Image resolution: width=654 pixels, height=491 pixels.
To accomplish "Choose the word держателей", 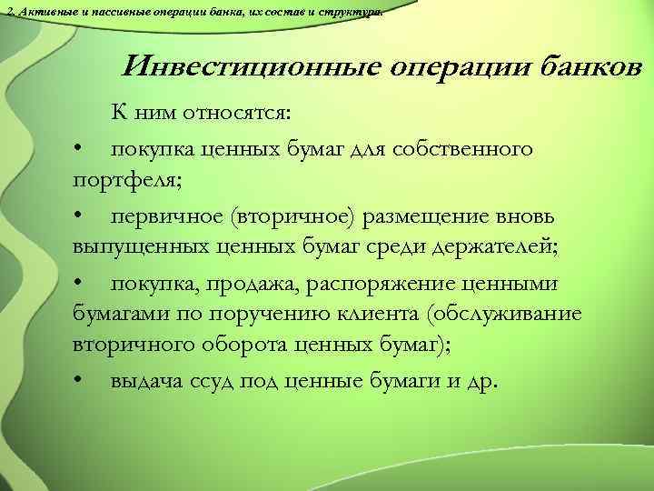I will [469, 249].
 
